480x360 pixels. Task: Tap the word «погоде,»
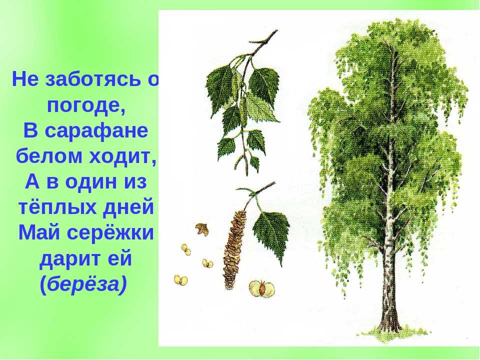tap(86, 106)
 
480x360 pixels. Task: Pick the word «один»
tap(86, 182)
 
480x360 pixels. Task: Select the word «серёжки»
tap(109, 232)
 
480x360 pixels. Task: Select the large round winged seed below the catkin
tap(262, 288)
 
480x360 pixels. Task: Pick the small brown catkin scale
tap(202, 228)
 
